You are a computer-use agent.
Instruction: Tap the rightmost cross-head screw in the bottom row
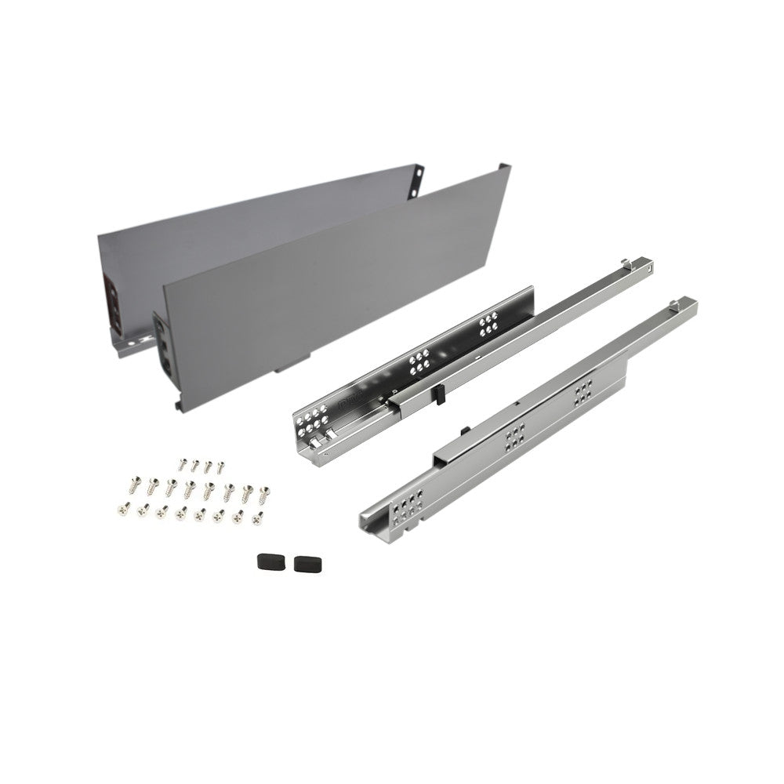(256, 516)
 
